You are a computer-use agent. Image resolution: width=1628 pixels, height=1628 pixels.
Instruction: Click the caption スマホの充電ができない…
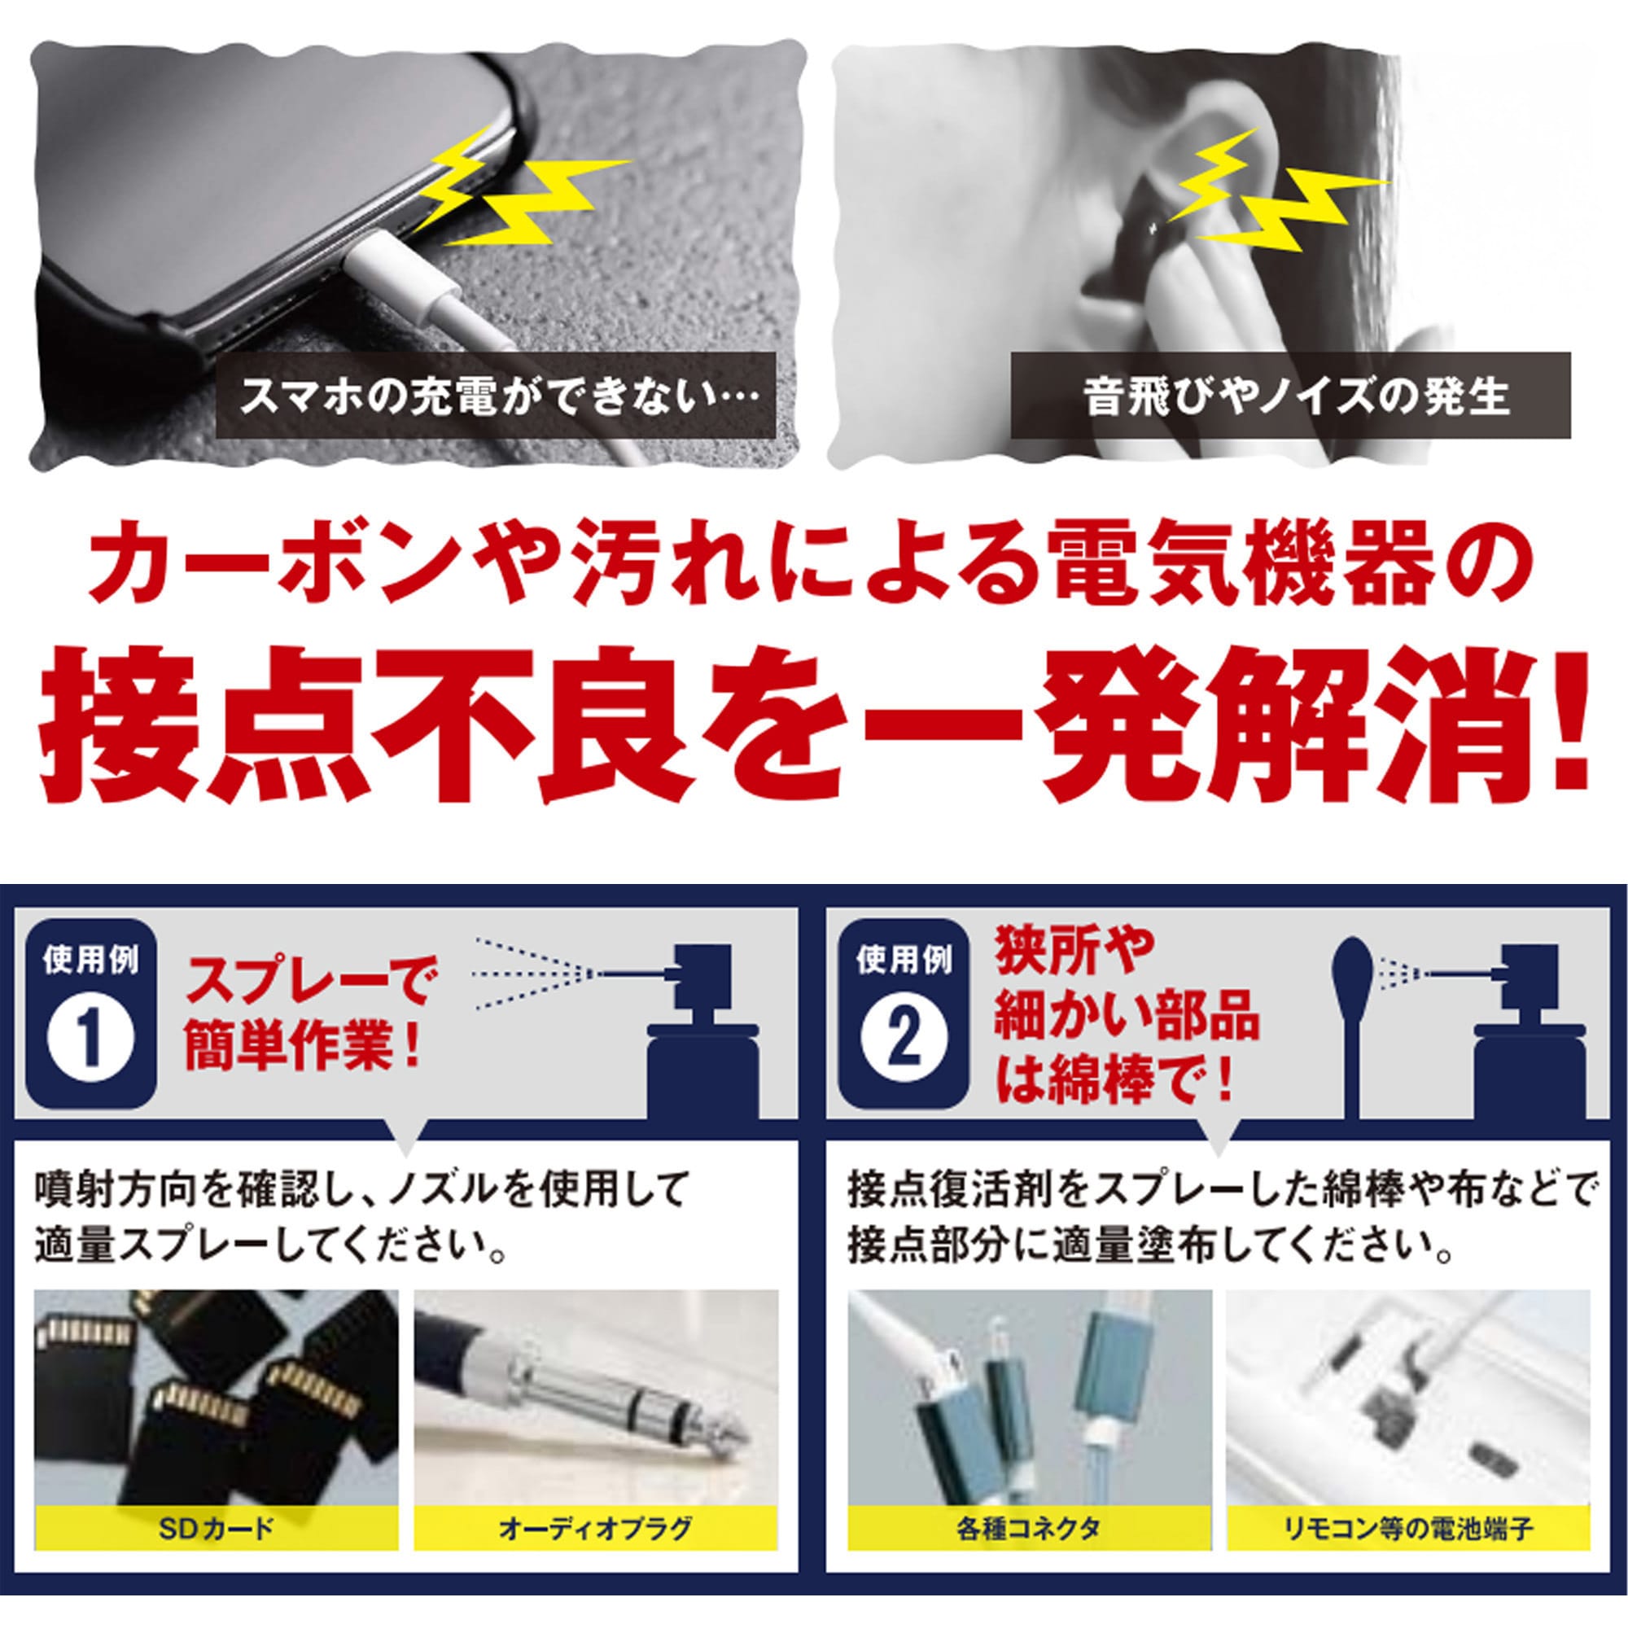[x=495, y=396]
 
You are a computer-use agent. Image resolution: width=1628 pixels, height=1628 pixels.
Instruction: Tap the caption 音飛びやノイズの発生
[x=1291, y=396]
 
